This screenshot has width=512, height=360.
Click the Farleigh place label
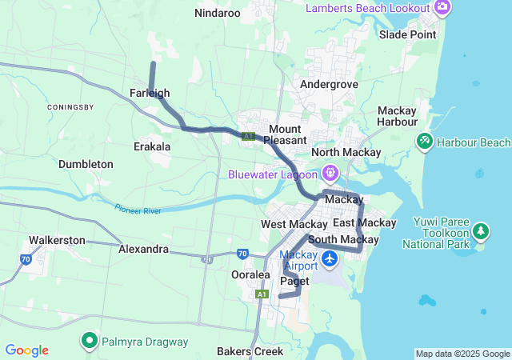click(149, 94)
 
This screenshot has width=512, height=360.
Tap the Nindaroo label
click(218, 13)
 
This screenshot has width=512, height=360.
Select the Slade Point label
click(408, 34)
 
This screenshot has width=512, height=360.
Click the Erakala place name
click(152, 146)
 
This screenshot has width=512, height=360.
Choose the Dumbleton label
click(86, 164)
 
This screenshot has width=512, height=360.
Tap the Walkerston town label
click(57, 239)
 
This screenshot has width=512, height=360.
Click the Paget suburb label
click(295, 281)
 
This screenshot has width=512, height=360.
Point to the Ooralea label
click(251, 274)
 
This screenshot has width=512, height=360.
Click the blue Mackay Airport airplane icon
click(330, 259)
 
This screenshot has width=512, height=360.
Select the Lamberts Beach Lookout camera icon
click(442, 7)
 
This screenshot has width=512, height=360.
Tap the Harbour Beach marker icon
click(424, 142)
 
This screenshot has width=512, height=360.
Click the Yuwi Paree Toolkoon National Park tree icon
click(481, 232)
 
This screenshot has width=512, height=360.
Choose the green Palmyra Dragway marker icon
click(90, 342)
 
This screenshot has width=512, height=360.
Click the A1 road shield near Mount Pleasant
click(249, 137)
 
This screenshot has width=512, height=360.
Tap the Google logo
click(26, 350)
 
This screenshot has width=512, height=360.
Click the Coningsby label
click(71, 107)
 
